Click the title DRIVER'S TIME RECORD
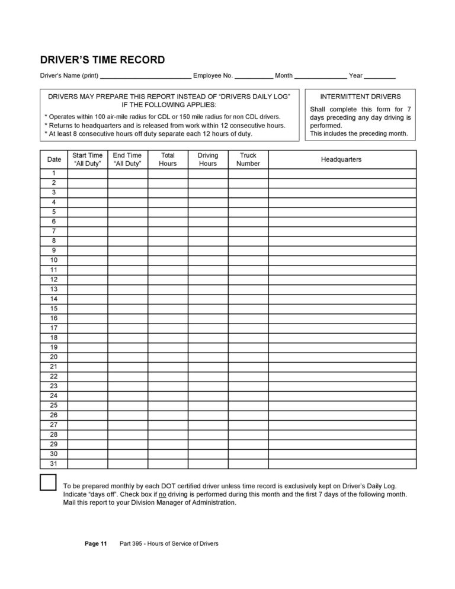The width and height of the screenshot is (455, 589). tap(102, 60)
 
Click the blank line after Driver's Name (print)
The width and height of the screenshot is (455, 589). tap(146, 76)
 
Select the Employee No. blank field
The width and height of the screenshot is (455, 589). tap(254, 76)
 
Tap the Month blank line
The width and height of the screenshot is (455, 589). tap(321, 76)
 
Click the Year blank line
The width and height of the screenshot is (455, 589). tap(380, 76)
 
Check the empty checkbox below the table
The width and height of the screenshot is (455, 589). tap(48, 482)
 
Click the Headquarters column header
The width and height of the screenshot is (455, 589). tap(341, 159)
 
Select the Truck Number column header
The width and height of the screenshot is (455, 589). tap(248, 159)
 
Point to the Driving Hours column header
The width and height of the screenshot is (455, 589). tap(208, 159)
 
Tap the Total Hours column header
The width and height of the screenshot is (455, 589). tap(168, 159)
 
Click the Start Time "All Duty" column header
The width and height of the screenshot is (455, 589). tap(87, 159)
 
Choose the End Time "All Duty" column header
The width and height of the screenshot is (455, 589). tap(127, 159)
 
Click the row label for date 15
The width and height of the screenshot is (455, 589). tap(54, 308)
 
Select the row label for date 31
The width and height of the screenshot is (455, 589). tap(54, 463)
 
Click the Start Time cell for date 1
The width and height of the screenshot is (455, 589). tap(87, 172)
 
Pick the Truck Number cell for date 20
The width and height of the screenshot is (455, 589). tap(248, 357)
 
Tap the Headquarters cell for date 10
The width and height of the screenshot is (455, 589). tap(341, 260)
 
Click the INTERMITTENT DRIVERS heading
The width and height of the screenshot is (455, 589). tap(360, 96)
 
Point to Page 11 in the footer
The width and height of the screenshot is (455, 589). tap(95, 544)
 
